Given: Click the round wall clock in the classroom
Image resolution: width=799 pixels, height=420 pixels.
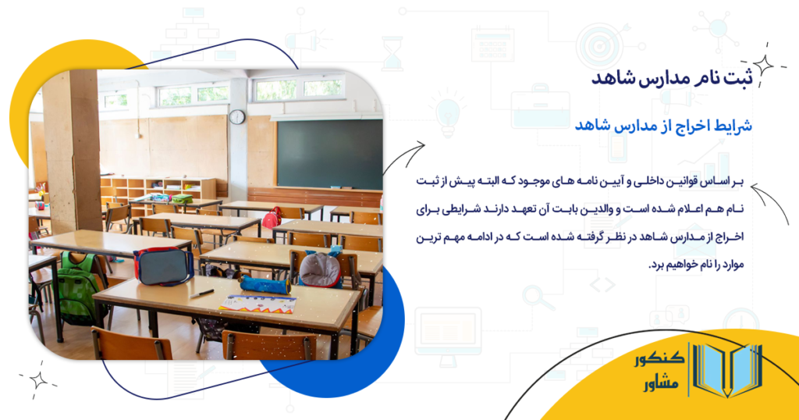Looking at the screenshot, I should point(236,117).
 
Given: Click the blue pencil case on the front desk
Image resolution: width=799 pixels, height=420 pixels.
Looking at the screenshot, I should point(265,284).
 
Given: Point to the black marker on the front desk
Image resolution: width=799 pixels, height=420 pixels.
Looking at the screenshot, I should point(201,293).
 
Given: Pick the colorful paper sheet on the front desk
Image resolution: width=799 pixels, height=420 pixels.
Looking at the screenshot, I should point(258,304).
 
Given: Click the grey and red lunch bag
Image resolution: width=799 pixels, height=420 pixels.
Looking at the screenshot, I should point(163,266).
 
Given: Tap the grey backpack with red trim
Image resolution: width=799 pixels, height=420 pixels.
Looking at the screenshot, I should point(321,270).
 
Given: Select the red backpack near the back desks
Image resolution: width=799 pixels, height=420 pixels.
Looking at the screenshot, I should point(272,218).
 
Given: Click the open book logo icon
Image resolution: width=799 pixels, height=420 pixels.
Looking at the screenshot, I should point(726,372).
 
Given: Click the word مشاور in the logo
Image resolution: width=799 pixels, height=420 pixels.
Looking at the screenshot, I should point(659,386).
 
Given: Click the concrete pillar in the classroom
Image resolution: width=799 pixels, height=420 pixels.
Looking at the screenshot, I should point(71,148).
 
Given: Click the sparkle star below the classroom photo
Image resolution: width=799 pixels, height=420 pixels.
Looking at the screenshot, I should point(37,380).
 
